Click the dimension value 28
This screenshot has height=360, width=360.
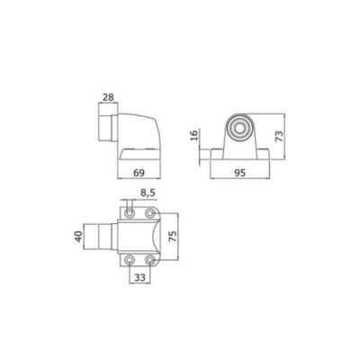(108, 97)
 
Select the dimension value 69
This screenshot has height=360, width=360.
(139, 173)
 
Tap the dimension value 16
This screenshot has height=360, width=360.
(194, 135)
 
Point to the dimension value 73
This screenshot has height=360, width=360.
(279, 137)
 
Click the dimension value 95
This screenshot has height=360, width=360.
(239, 173)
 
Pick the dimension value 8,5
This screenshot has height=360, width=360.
(148, 193)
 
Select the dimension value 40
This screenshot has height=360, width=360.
(78, 237)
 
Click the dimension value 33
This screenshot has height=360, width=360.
(139, 278)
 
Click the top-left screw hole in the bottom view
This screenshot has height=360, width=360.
(130, 213)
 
